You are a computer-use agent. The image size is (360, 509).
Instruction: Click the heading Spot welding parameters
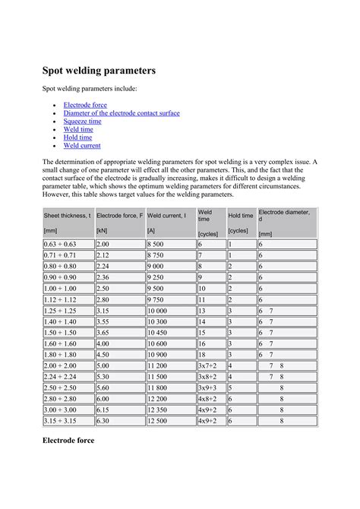99,71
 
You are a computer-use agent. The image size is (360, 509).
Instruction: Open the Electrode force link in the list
85,104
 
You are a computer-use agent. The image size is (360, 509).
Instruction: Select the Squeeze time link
82,121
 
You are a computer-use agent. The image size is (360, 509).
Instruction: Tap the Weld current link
82,145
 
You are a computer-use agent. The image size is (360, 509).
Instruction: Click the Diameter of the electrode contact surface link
122,112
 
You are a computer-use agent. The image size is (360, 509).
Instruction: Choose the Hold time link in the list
77,138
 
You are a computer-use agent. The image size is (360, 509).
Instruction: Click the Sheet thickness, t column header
67,216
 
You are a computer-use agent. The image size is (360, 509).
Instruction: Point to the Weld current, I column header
166,216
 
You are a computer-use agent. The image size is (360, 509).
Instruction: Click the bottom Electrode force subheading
68,440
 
